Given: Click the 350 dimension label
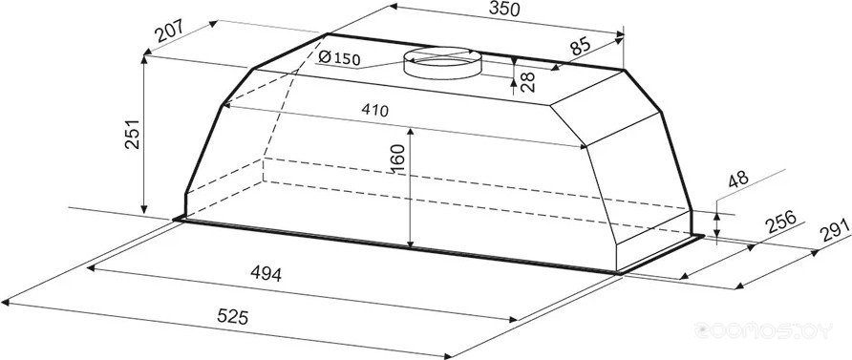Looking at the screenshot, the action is coord(504,9).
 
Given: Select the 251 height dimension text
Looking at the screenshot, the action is coord(133,134).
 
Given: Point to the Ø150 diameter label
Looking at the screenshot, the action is coord(339,57).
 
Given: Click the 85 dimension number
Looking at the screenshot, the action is coord(580,46).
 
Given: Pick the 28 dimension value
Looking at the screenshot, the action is coord(527,81).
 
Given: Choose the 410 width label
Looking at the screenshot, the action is coord(375,110).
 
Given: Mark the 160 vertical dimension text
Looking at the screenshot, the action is coord(398,159).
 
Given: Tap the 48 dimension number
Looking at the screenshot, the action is coord(738,179).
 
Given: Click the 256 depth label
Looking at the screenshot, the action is coord(780,222).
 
